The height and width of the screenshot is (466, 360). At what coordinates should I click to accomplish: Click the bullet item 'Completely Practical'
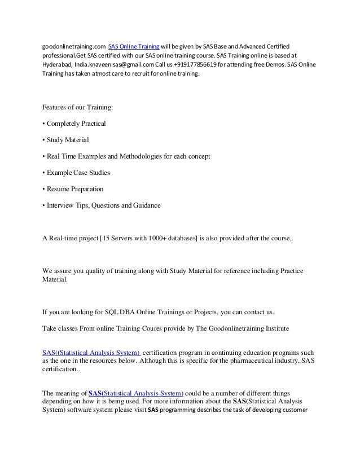coord(76,123)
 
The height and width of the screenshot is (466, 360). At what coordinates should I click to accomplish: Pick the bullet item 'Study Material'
coord(67,139)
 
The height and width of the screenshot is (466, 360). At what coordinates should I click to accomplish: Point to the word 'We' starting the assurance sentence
coord(48,272)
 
